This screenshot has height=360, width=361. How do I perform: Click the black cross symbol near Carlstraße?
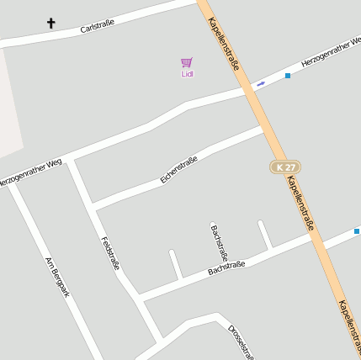[50, 23]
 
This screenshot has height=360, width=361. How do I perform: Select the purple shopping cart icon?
[187, 62]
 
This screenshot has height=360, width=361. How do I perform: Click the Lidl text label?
[187, 74]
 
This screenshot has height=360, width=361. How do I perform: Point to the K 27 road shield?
[285, 167]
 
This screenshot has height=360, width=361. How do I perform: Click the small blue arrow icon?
[260, 83]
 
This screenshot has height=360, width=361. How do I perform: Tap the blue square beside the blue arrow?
[287, 76]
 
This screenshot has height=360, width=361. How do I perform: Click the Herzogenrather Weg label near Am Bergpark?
[31, 171]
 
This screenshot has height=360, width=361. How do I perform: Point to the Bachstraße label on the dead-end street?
[220, 243]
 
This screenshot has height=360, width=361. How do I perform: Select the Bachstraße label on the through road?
[226, 268]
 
